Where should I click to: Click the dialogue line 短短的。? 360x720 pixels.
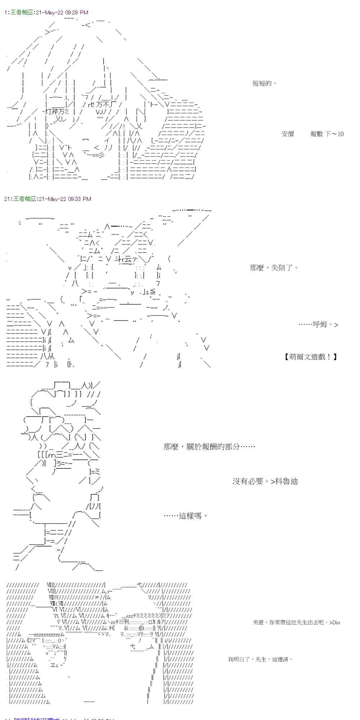click(265, 84)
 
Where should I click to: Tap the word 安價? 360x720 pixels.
click(288, 134)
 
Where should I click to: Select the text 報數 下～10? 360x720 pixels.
click(327, 134)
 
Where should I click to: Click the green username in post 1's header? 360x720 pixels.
click(22, 13)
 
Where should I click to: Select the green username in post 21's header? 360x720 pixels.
click(25, 199)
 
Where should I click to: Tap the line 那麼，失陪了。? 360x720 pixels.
click(274, 267)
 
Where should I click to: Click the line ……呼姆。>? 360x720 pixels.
click(318, 324)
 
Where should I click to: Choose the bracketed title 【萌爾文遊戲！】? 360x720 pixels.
click(311, 357)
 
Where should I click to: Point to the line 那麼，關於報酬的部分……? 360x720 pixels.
click(209, 446)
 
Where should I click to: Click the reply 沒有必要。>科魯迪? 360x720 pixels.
click(265, 481)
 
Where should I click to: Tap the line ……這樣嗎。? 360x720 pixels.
click(186, 516)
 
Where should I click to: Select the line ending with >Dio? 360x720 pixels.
click(296, 622)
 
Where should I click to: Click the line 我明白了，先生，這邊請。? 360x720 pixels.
click(260, 659)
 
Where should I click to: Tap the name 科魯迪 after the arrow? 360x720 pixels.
click(287, 481)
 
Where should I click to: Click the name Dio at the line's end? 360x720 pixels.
click(336, 622)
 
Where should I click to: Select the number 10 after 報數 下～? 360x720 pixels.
click(340, 134)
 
